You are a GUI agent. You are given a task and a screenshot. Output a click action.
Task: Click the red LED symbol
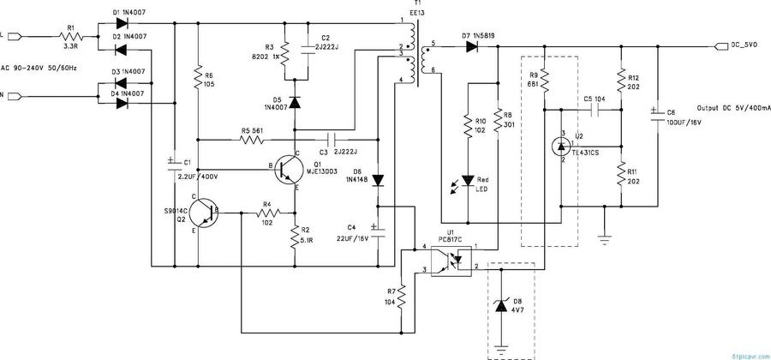point(468,181)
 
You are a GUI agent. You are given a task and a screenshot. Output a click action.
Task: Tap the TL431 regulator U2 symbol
point(561,147)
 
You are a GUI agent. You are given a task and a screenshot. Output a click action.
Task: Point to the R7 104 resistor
point(401,296)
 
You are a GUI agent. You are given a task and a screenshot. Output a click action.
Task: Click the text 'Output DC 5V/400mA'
point(733,109)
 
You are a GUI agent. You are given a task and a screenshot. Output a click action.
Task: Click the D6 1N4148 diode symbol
point(378,181)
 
